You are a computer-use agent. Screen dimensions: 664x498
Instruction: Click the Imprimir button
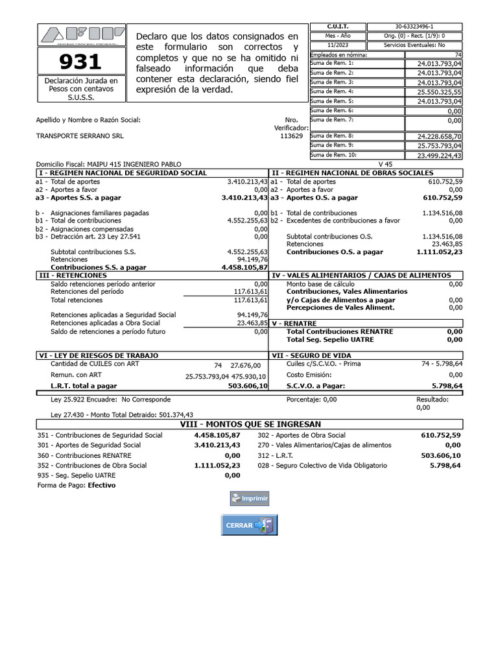249,499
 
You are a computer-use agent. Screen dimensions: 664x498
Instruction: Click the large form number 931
80,62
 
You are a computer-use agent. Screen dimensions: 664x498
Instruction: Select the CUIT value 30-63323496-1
414,27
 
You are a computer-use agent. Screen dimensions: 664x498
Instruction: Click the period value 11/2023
338,45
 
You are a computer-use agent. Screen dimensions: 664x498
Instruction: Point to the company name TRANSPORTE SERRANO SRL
80,136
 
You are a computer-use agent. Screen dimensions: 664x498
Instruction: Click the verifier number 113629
291,136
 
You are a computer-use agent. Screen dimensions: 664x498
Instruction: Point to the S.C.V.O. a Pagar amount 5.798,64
447,386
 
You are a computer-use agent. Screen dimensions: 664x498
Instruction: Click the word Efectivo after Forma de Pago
102,485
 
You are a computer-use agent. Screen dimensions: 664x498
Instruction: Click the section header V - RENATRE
296,322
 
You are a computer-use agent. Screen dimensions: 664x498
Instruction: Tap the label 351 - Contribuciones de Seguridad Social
100,435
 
